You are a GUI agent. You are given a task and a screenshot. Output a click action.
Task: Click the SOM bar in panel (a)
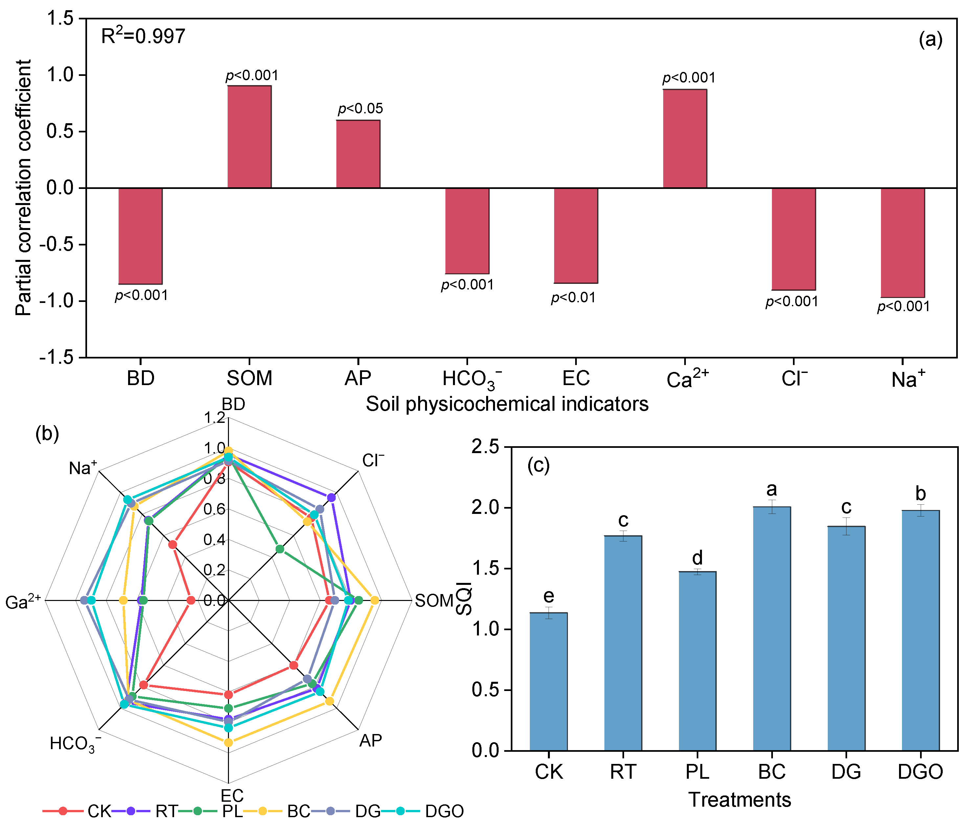[249, 137]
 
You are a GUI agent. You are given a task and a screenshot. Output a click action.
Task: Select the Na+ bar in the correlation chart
[903, 242]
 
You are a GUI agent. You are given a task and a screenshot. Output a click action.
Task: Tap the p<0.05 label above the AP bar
[360, 108]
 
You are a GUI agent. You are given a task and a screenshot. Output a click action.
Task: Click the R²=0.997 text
[143, 36]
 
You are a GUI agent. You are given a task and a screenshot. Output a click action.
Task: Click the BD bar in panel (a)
[140, 236]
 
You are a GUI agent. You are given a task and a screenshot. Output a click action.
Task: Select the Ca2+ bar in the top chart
[685, 138]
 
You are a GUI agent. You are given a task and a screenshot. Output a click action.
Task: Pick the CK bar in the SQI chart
[549, 681]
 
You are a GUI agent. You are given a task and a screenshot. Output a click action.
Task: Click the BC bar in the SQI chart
[772, 629]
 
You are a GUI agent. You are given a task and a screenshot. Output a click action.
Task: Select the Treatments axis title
[739, 799]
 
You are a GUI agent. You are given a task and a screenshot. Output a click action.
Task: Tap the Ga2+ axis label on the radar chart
[23, 602]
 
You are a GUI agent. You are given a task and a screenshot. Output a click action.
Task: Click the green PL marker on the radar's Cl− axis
[280, 549]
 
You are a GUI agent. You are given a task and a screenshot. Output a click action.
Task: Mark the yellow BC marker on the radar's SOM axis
[374, 600]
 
